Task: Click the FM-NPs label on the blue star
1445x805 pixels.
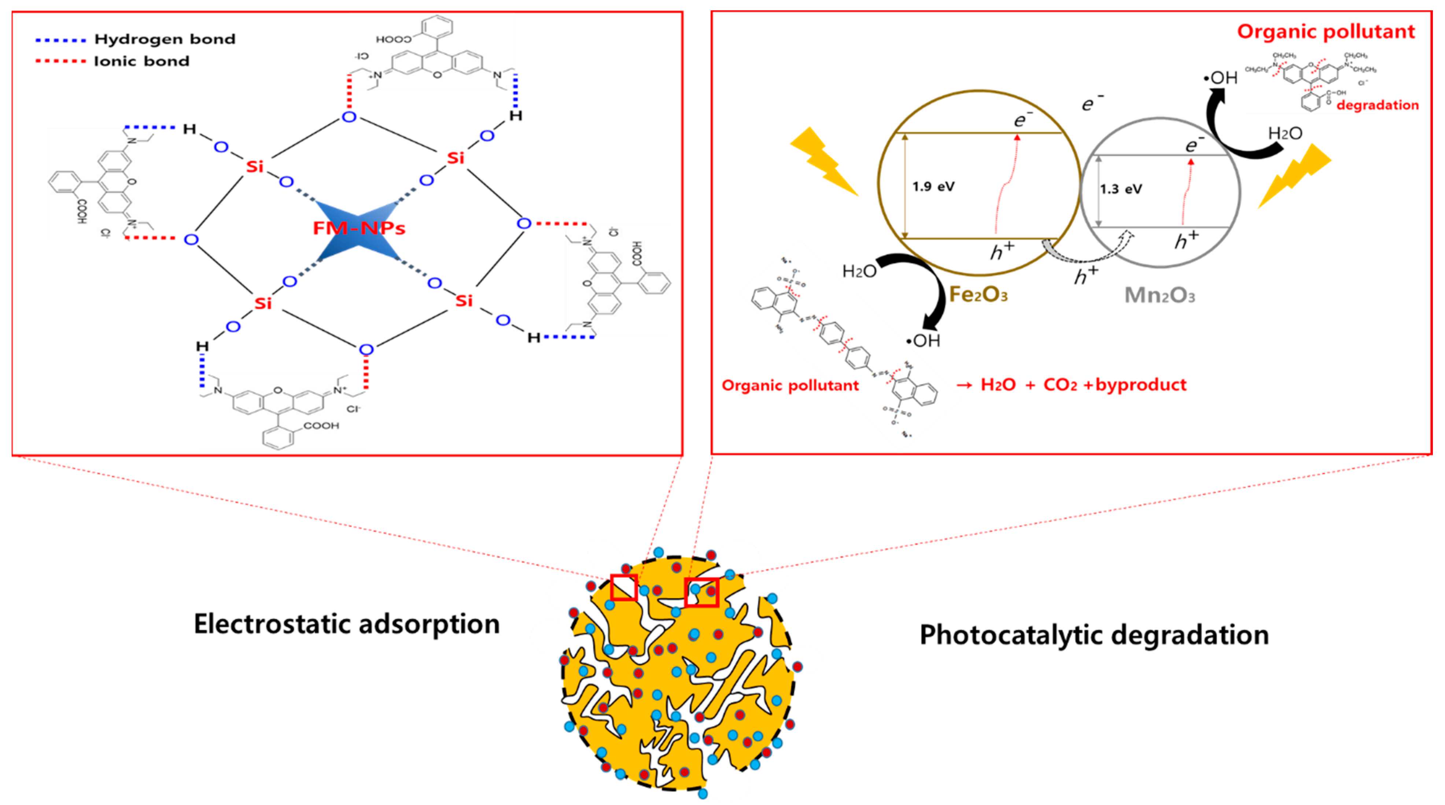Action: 359,228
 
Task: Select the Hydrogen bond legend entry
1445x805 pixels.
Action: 164,39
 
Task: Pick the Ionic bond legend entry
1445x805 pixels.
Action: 141,61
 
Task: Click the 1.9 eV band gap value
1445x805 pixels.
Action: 933,187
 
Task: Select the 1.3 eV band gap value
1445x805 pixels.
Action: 1121,189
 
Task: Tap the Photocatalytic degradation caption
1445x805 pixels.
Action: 1094,635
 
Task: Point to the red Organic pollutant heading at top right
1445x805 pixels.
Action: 1326,32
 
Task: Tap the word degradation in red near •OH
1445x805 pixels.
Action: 1378,105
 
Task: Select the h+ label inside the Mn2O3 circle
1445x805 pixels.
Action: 1186,240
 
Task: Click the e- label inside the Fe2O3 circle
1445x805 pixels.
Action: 1022,120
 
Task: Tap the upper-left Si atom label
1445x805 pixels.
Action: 255,167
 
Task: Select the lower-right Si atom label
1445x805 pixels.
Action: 464,301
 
